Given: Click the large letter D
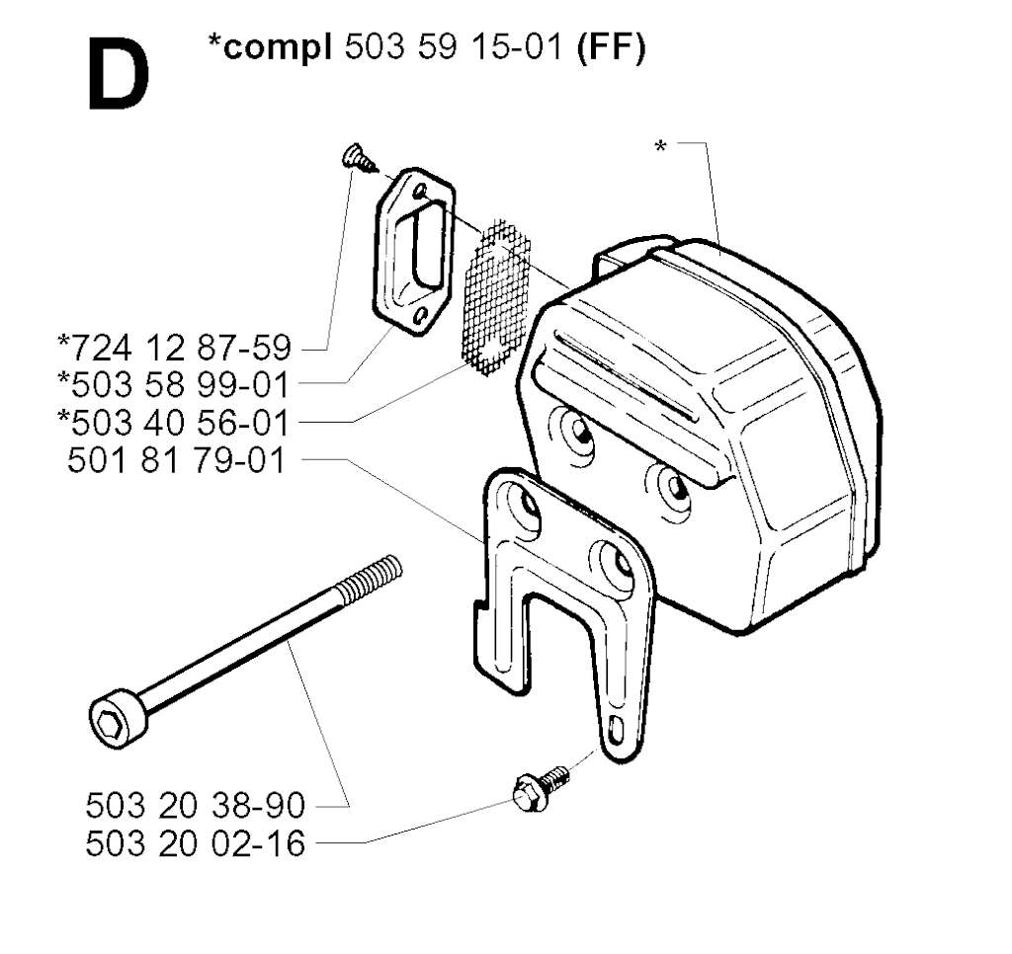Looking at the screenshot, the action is tap(119, 74).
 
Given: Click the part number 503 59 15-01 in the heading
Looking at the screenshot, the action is tap(454, 47).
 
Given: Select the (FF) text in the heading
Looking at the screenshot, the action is tap(611, 48).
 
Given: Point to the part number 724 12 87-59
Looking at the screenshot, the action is tap(174, 348).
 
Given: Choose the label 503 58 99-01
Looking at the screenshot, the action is tap(174, 385).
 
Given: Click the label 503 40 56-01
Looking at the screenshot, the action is tap(174, 423).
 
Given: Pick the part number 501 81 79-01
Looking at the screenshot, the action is tap(177, 461).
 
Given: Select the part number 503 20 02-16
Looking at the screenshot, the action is tap(195, 843).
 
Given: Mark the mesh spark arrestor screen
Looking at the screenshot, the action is tap(498, 297).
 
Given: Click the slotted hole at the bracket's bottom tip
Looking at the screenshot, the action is tap(616, 729).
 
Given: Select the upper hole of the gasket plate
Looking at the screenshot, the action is tap(420, 191).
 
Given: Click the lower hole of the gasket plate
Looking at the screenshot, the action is tap(421, 315).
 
